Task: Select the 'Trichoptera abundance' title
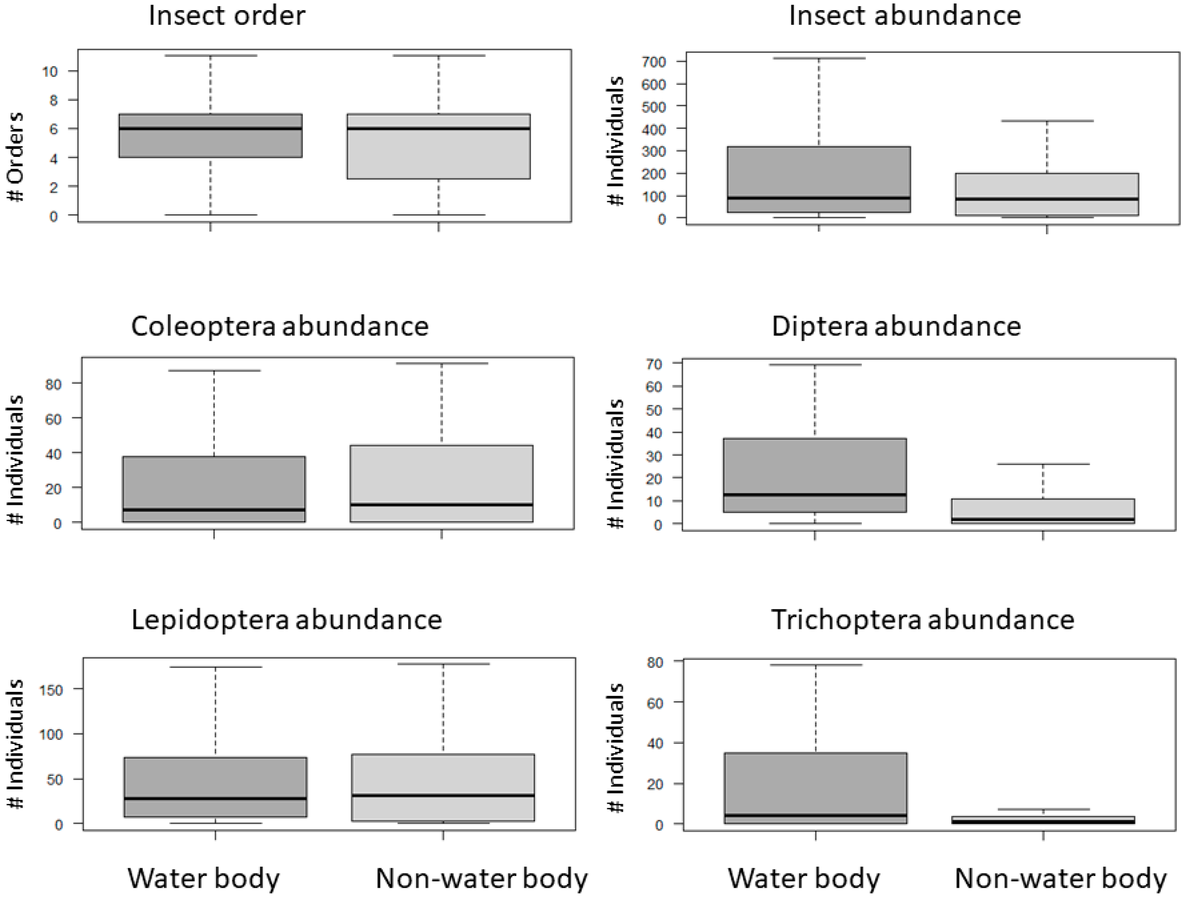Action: tap(922, 620)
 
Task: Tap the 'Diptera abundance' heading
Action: tap(896, 326)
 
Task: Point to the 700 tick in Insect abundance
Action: tap(654, 62)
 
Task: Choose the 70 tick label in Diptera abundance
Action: tap(654, 364)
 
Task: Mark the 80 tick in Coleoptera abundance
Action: tap(53, 384)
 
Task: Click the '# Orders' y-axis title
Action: tap(16, 157)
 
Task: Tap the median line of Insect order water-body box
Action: tap(211, 128)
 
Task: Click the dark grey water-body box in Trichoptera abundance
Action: tap(815, 782)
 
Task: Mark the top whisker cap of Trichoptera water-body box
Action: tap(815, 665)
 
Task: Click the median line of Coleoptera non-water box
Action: tap(441, 504)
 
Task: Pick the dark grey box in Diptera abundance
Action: tap(815, 466)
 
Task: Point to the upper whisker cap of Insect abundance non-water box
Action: tap(1047, 121)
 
